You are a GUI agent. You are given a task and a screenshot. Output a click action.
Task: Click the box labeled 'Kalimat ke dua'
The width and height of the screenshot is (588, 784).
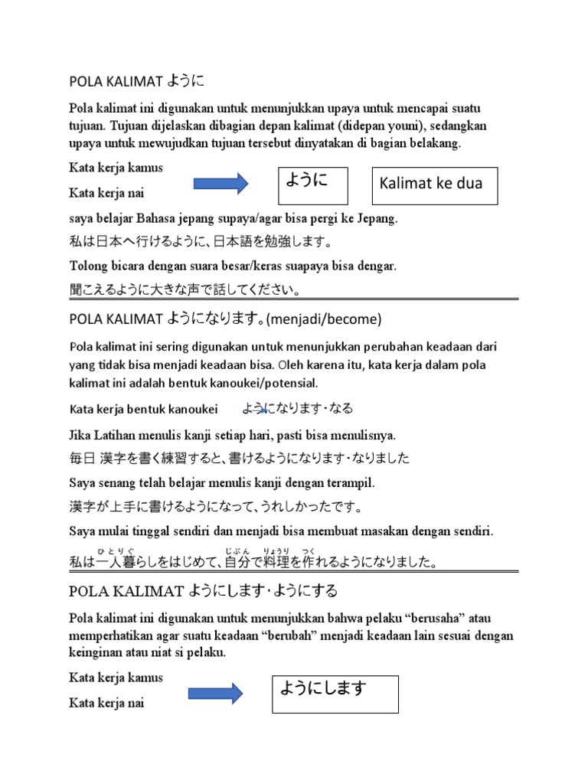pyautogui.click(x=434, y=185)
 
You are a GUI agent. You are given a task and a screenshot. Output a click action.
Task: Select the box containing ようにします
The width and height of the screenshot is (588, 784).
pyautogui.click(x=335, y=694)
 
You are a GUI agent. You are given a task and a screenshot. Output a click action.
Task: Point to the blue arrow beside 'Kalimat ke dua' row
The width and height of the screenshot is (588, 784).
pyautogui.click(x=220, y=183)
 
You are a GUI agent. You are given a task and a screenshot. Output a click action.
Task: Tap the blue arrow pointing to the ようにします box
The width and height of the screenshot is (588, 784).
pyautogui.click(x=216, y=694)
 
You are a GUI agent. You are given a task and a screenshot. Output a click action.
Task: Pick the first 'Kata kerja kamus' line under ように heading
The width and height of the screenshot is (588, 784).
pyautogui.click(x=116, y=168)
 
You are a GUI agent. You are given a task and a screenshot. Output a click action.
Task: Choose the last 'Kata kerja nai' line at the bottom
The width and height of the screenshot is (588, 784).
pyautogui.click(x=106, y=703)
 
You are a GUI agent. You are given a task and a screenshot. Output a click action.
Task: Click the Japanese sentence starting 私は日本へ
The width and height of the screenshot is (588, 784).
pyautogui.click(x=201, y=243)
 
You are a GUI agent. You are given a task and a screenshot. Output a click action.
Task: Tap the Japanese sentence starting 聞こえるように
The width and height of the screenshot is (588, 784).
pyautogui.click(x=185, y=290)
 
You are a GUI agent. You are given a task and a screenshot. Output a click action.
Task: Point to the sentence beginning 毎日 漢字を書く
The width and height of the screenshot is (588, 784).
pyautogui.click(x=239, y=459)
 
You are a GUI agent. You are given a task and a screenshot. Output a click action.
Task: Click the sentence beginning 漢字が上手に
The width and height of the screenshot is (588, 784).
pyautogui.click(x=215, y=507)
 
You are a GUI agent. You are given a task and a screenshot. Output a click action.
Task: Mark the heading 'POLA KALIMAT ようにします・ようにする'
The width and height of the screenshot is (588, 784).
pyautogui.click(x=203, y=591)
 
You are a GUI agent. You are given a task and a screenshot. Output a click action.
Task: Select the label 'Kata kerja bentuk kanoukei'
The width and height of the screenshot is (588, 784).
pyautogui.click(x=143, y=409)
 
